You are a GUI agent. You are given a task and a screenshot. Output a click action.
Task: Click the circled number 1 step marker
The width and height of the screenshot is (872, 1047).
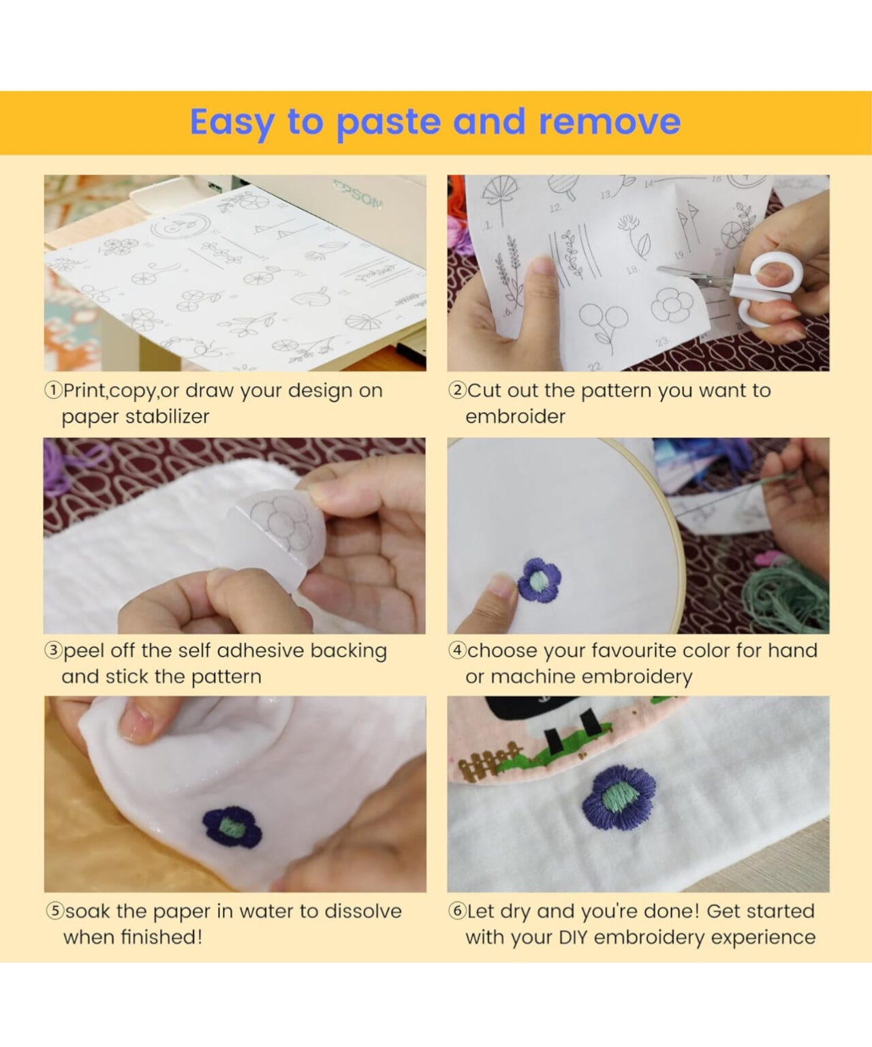coord(53,390)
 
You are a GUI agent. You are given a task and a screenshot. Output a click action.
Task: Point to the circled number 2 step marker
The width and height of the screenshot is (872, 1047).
coord(457,390)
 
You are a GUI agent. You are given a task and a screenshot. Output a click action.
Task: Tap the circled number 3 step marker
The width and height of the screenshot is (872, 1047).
coord(53,651)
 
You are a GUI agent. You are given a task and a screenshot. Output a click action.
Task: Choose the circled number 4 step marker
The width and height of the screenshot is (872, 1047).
coord(457,651)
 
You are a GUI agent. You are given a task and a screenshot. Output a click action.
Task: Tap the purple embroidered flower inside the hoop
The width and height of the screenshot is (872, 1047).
coord(539,580)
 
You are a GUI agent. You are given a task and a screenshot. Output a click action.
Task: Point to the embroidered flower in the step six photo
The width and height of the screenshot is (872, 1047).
coord(619,798)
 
